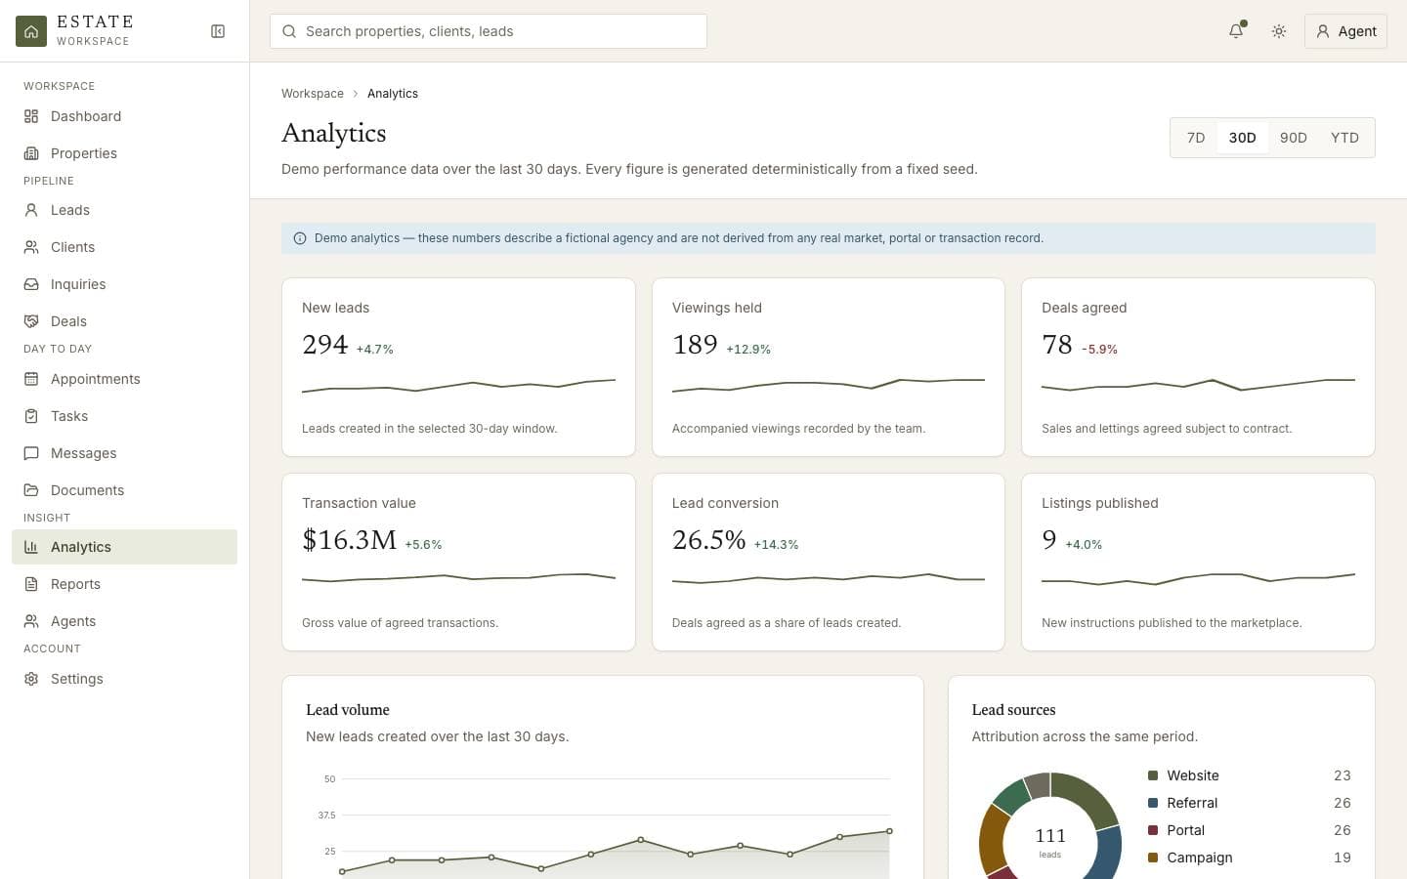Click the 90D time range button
[1294, 138]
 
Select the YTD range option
[1344, 138]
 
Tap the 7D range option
[1195, 138]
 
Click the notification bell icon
[1236, 31]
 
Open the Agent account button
[1345, 31]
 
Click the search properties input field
[489, 31]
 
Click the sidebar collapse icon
[217, 31]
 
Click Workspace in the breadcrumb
[313, 94]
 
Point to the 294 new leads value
[324, 345]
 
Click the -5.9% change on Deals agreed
[1099, 349]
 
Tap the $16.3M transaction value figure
[349, 540]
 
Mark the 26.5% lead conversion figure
[708, 540]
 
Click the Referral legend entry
[1192, 803]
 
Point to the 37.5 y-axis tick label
[326, 815]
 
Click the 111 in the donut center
[1050, 836]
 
